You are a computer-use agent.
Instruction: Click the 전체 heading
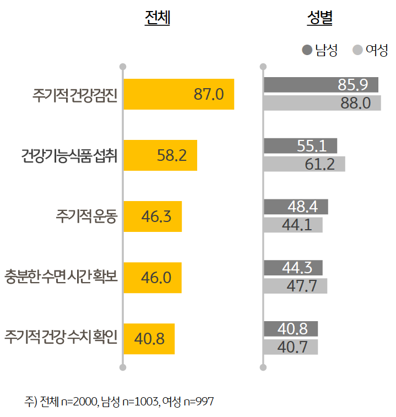tap(157, 19)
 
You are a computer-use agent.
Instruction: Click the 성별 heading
tap(319, 19)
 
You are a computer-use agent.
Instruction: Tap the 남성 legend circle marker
tap(307, 50)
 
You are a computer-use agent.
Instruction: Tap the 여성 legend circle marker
tap(357, 50)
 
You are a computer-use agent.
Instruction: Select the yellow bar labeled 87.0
tap(179, 94)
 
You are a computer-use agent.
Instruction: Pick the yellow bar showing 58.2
tap(160, 155)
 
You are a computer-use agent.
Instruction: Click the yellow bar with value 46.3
tap(153, 216)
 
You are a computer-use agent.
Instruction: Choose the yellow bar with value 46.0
tap(153, 277)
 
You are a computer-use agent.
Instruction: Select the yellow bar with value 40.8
tap(149, 338)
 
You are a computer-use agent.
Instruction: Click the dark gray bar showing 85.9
tap(321, 85)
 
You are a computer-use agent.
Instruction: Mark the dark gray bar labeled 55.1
tap(301, 145)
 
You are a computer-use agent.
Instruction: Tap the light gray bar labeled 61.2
tap(305, 164)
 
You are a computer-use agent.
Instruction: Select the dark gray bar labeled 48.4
tap(296, 207)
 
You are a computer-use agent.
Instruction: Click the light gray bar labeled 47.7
tap(295, 286)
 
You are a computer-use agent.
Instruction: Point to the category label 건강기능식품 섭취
tap(68, 156)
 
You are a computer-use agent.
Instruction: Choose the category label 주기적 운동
tap(86, 216)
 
